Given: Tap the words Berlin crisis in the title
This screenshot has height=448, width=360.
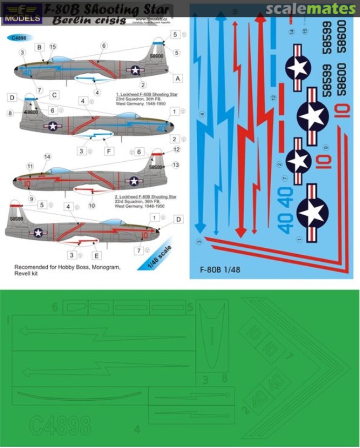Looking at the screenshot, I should coord(90,20).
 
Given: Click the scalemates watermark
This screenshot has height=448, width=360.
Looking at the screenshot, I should coord(311,9).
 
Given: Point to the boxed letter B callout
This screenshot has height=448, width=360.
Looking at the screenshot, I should coord(39,47).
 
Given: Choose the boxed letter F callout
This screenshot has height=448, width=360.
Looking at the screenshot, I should coord(109,151).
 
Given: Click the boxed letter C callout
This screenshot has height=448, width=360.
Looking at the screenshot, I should coord(54,95).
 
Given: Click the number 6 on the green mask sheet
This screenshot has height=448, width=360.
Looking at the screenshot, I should coord(55,307).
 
